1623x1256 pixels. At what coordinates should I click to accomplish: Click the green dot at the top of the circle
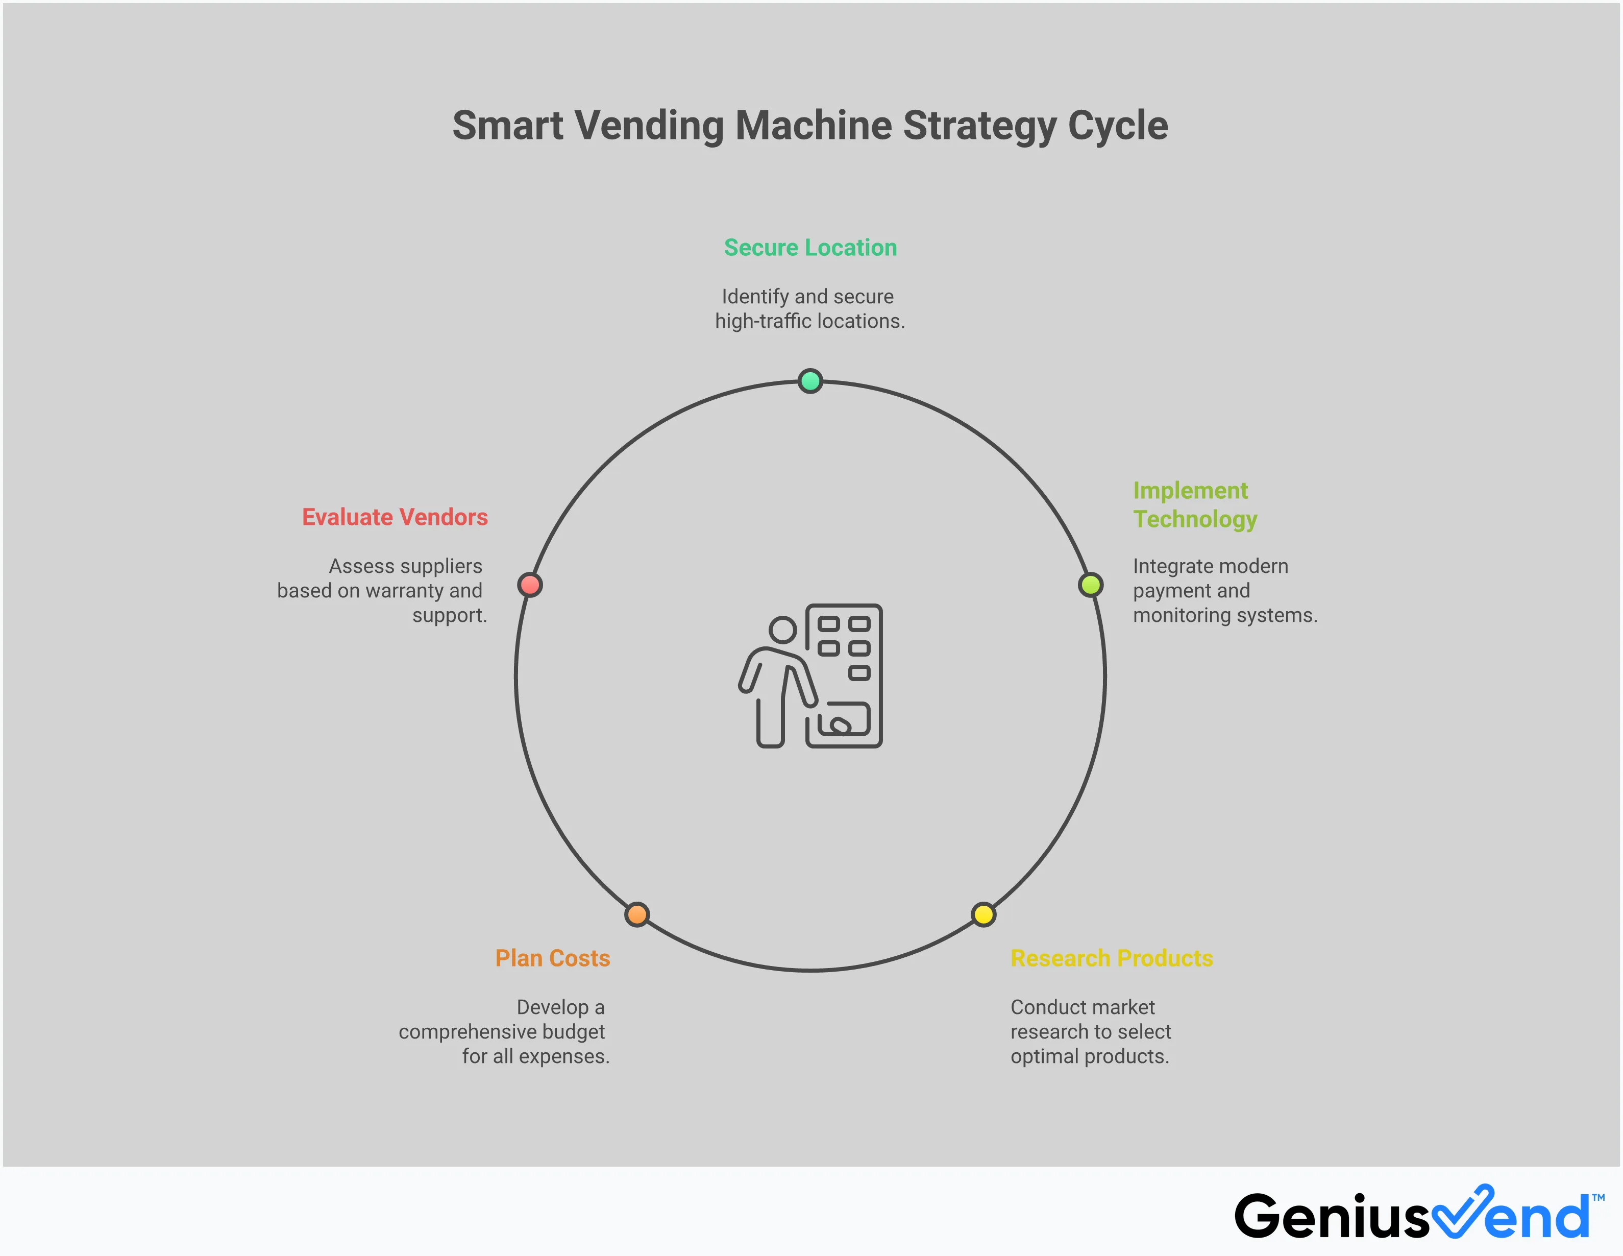coord(810,381)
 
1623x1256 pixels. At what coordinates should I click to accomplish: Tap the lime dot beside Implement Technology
coord(1090,585)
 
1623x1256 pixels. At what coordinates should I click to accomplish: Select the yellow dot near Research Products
coord(983,914)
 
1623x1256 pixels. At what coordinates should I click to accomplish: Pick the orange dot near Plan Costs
coord(637,914)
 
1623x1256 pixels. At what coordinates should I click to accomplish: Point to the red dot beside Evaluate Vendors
coord(530,585)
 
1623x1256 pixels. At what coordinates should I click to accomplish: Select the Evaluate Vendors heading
coord(395,517)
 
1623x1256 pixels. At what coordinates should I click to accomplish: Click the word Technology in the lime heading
coord(1195,519)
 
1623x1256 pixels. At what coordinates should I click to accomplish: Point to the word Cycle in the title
coord(1118,126)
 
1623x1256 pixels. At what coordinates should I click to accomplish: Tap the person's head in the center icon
coord(782,630)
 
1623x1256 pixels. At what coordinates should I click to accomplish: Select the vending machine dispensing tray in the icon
coord(844,719)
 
